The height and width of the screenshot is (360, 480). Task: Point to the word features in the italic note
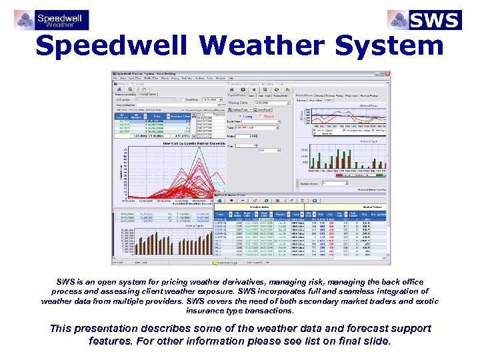click(x=111, y=341)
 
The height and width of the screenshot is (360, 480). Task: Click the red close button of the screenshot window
click(x=387, y=74)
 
